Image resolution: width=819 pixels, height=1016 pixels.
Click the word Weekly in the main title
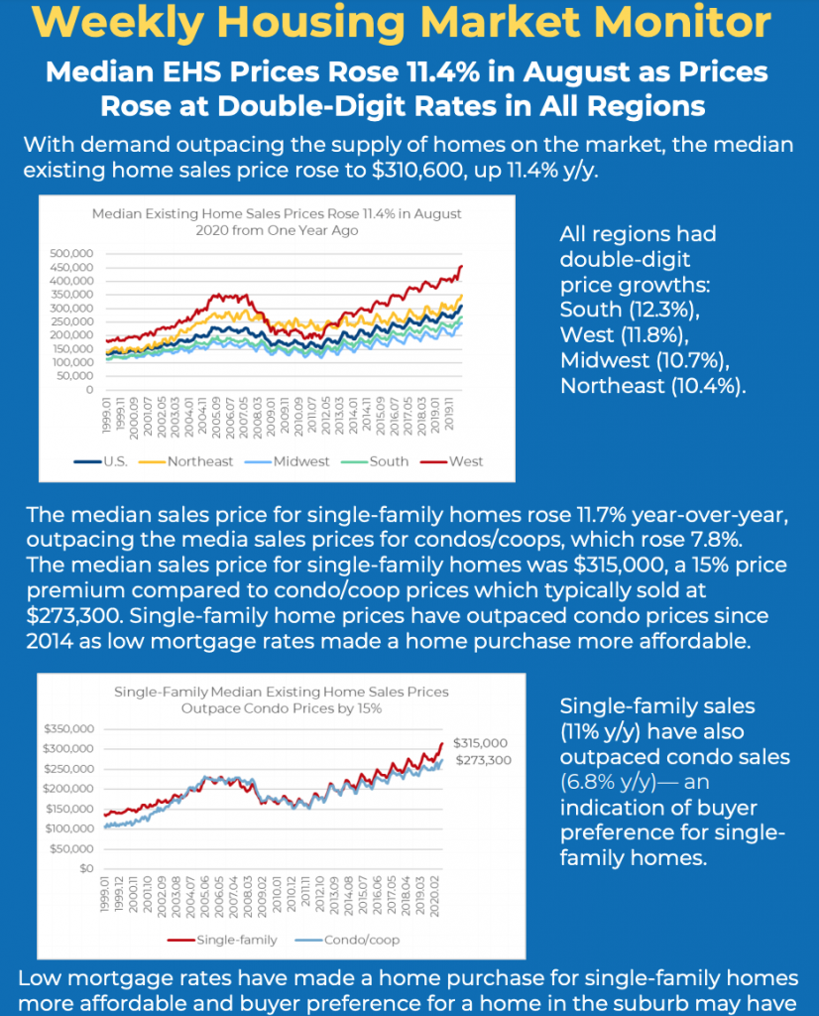pyautogui.click(x=117, y=23)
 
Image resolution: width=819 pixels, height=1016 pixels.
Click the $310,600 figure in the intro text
pyautogui.click(x=417, y=170)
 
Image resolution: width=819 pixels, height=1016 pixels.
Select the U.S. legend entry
pyautogui.click(x=101, y=461)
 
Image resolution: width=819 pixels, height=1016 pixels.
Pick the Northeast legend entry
pyautogui.click(x=185, y=461)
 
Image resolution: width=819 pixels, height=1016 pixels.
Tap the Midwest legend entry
pyautogui.click(x=287, y=461)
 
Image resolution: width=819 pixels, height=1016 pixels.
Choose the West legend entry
pyautogui.click(x=452, y=461)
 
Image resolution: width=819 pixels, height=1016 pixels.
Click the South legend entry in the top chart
pyautogui.click(x=375, y=461)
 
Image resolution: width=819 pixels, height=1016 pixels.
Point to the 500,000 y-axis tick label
pyautogui.click(x=71, y=253)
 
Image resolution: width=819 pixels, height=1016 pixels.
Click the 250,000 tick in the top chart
pyautogui.click(x=71, y=321)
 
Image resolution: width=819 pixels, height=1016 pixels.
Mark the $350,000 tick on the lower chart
pyautogui.click(x=68, y=729)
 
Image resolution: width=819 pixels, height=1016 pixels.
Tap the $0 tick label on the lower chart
pyautogui.click(x=86, y=868)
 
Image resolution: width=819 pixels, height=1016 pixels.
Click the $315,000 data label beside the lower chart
pyautogui.click(x=480, y=743)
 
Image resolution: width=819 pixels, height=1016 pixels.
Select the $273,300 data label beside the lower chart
pyautogui.click(x=483, y=760)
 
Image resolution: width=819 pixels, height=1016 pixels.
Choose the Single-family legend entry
pyautogui.click(x=222, y=940)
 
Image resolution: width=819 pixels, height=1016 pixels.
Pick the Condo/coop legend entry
pyautogui.click(x=348, y=940)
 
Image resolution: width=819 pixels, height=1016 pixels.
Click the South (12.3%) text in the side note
pyautogui.click(x=630, y=310)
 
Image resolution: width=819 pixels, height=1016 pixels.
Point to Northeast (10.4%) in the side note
pyautogui.click(x=652, y=386)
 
